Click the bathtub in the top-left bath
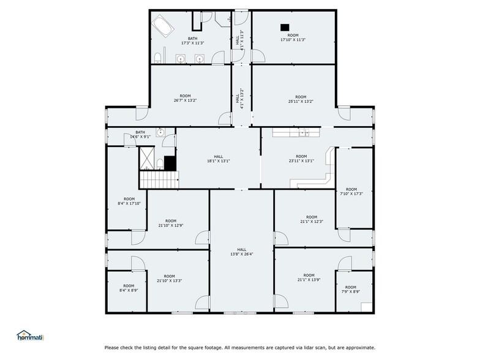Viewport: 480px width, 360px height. tap(163, 26)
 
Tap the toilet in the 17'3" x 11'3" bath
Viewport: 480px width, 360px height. tap(158, 58)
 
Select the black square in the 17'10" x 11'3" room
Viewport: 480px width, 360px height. tap(284, 26)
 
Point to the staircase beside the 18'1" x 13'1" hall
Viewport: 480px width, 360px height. tap(158, 179)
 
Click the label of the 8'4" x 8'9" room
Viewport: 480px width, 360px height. tap(129, 288)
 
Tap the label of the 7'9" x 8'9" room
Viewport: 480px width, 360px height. tap(350, 290)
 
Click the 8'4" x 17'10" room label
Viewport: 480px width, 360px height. tap(129, 201)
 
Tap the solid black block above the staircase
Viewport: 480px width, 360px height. tap(170, 163)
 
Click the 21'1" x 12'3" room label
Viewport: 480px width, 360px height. tap(312, 219)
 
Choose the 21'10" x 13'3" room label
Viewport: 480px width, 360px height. tap(169, 278)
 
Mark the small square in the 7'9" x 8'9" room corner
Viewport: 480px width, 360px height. tap(366, 307)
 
